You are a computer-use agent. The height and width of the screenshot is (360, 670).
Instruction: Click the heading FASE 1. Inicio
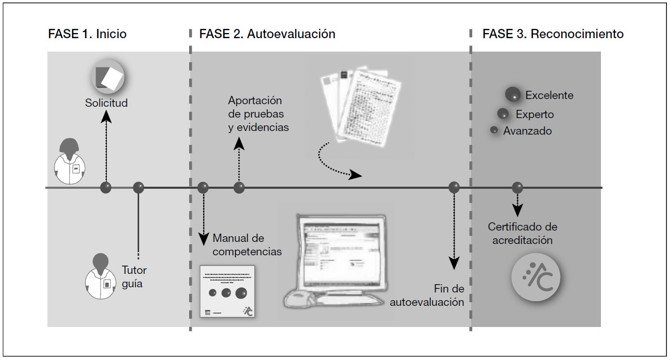pyautogui.click(x=87, y=34)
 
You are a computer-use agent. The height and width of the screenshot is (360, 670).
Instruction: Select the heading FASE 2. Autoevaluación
pyautogui.click(x=267, y=34)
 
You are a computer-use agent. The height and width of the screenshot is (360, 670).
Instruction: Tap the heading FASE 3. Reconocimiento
pyautogui.click(x=552, y=34)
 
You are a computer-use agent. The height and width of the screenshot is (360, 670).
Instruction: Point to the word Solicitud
pyautogui.click(x=106, y=103)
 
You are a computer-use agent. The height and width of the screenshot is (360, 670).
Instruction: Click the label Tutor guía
pyautogui.click(x=134, y=276)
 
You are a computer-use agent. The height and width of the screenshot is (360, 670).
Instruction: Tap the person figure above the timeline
pyautogui.click(x=71, y=161)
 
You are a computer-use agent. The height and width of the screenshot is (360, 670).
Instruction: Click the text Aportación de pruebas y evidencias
pyautogui.click(x=258, y=113)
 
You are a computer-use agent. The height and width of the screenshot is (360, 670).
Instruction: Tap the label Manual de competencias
pyautogui.click(x=247, y=245)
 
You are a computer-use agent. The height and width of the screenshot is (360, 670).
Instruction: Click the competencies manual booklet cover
pyautogui.click(x=227, y=292)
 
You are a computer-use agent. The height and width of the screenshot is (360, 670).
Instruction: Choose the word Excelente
pyautogui.click(x=549, y=95)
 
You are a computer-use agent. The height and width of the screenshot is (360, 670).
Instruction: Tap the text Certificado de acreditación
pyautogui.click(x=523, y=234)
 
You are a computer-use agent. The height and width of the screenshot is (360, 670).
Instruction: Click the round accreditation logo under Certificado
pyautogui.click(x=535, y=278)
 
